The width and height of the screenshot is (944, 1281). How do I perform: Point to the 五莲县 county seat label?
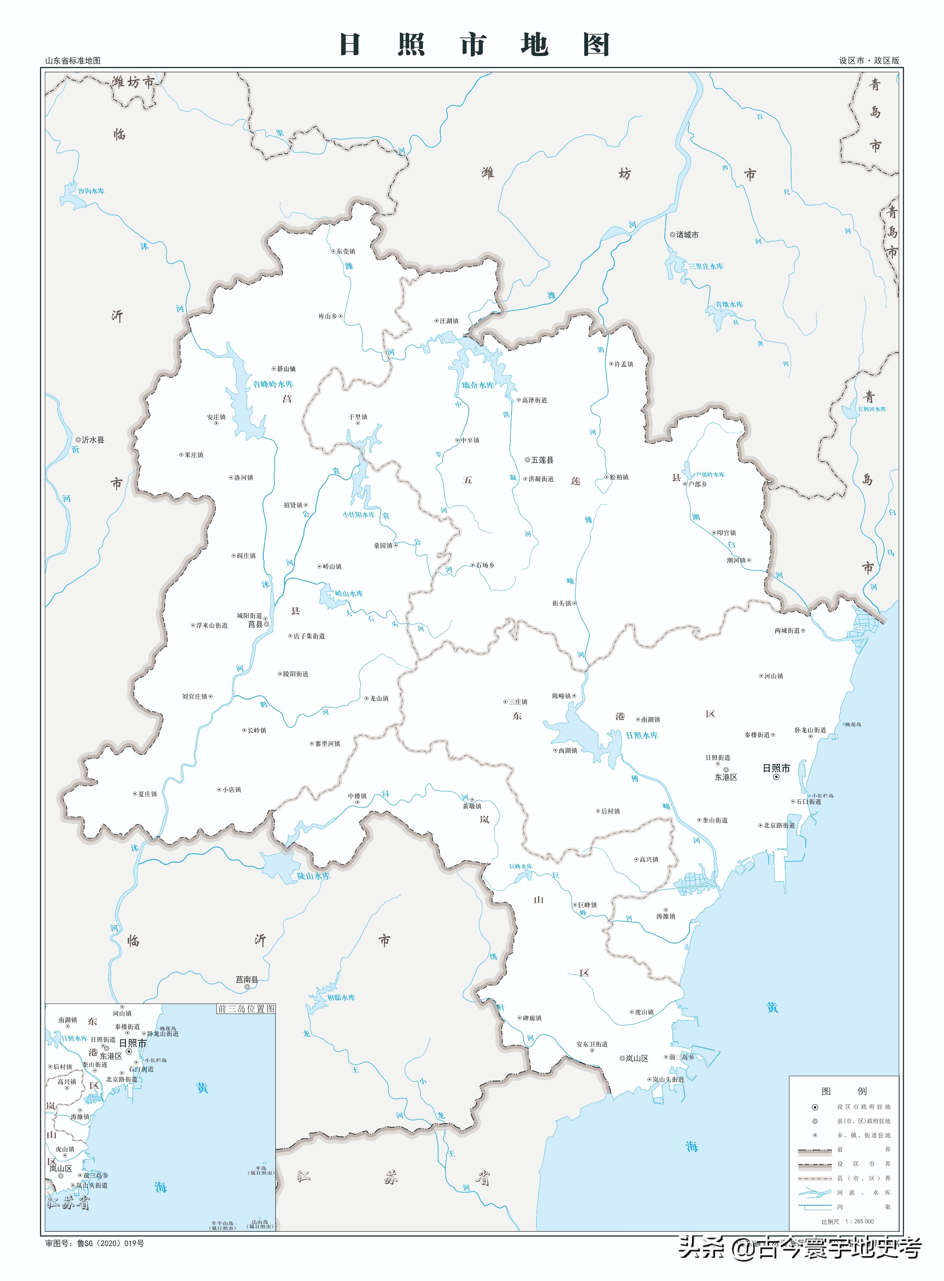click(x=542, y=460)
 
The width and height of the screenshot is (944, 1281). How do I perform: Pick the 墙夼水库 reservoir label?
click(x=478, y=386)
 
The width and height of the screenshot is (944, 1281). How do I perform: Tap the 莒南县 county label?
click(x=247, y=979)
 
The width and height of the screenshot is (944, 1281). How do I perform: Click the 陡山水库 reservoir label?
click(x=313, y=876)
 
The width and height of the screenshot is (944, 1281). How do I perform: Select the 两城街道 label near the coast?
click(x=787, y=631)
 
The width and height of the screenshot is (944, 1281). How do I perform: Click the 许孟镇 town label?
click(x=623, y=364)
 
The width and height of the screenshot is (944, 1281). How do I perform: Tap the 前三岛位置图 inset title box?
click(x=246, y=1009)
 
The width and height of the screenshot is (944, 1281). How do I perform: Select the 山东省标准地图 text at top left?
click(x=73, y=60)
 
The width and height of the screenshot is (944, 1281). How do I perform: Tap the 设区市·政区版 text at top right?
click(x=869, y=60)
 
